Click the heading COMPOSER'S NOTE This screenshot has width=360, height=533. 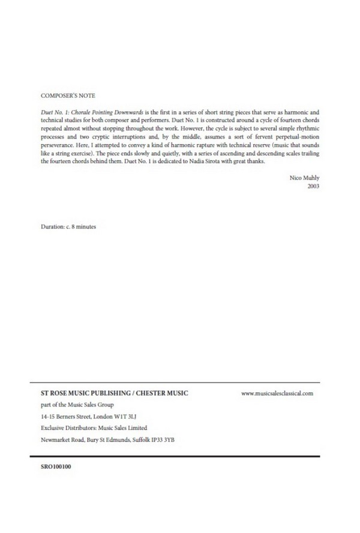pos(67,95)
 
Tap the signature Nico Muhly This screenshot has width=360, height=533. pos(305,178)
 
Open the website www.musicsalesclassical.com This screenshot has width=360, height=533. pos(277,393)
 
